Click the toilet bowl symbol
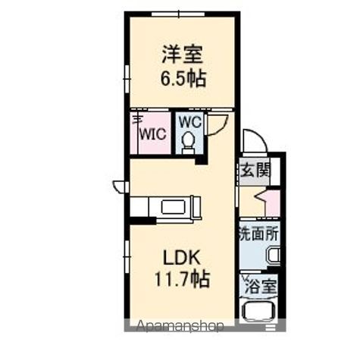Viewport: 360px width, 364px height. point(188,141)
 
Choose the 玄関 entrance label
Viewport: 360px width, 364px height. point(255,171)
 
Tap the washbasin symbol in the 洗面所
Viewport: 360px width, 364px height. point(273,256)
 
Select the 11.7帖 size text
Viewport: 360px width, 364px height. point(182,279)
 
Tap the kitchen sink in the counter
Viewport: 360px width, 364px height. point(174,207)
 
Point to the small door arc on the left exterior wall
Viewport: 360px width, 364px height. point(120,186)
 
